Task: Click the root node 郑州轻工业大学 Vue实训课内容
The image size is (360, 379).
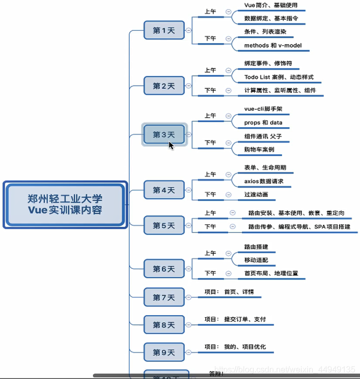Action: (65, 204)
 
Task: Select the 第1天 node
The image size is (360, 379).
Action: (163, 31)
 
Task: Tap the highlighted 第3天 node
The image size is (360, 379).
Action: (163, 134)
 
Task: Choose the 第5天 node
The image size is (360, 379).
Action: (163, 225)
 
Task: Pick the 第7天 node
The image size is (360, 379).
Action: (163, 297)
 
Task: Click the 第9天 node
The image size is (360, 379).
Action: (163, 353)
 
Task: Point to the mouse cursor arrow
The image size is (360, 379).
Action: (171, 145)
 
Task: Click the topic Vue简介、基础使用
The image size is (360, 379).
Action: (271, 5)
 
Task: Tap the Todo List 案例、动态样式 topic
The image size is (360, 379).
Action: (279, 77)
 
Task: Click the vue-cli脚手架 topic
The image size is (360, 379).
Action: (263, 109)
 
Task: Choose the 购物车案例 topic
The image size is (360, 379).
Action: (259, 150)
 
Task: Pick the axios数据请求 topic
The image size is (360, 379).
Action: (264, 181)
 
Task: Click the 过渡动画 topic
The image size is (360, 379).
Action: (256, 194)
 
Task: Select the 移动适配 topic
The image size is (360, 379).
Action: (256, 260)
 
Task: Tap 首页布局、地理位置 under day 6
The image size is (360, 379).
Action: (271, 273)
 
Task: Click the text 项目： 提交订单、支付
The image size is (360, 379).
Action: (235, 319)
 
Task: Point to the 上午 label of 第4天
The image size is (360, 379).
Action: (210, 174)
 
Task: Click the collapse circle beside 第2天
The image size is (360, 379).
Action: (188, 86)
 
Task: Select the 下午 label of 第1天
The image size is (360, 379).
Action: (210, 38)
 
